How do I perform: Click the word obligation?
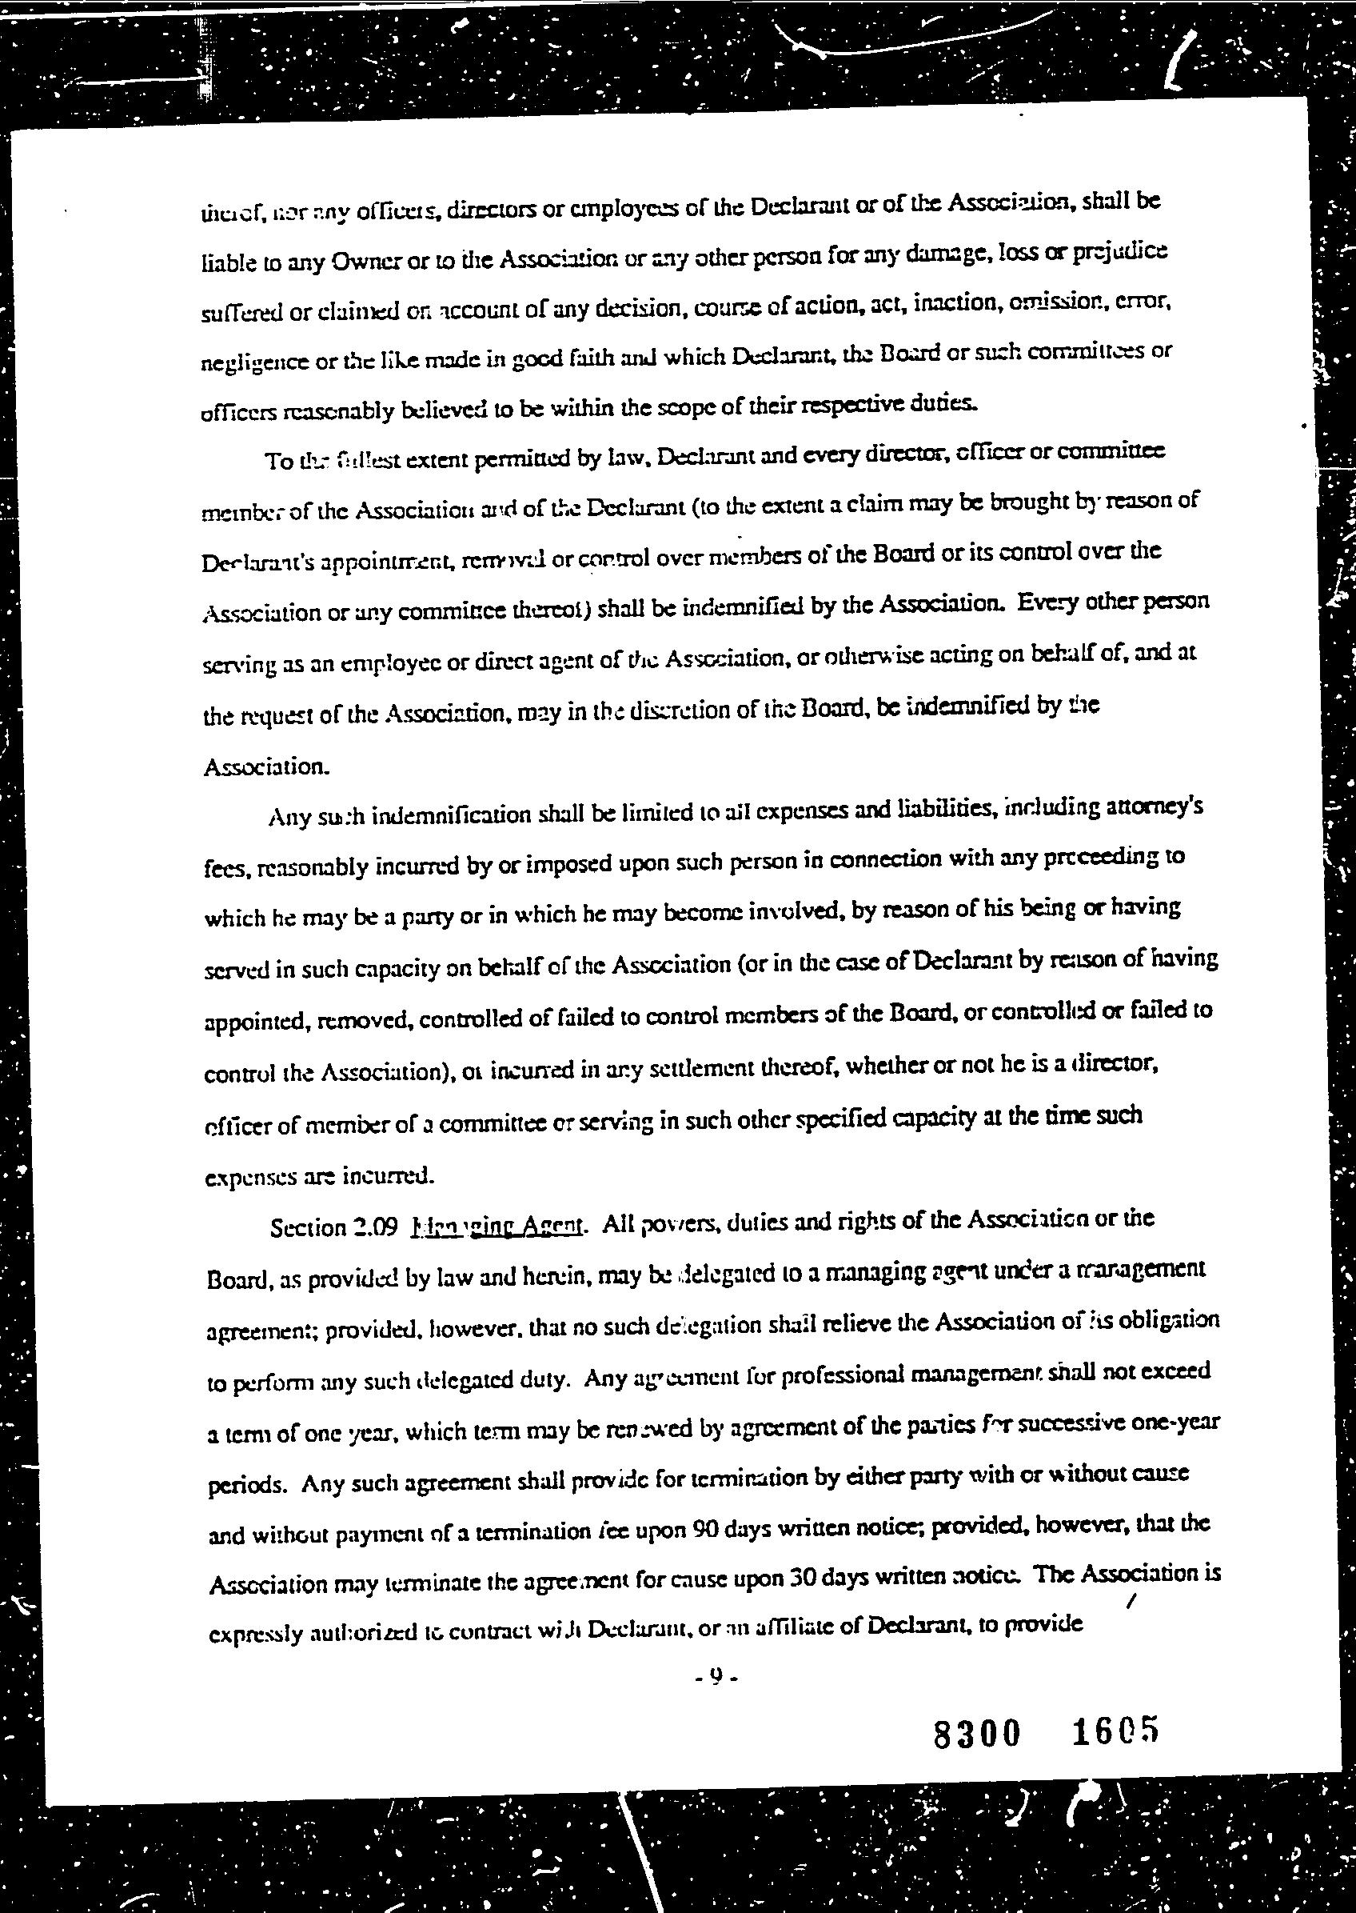click(x=1169, y=1320)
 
